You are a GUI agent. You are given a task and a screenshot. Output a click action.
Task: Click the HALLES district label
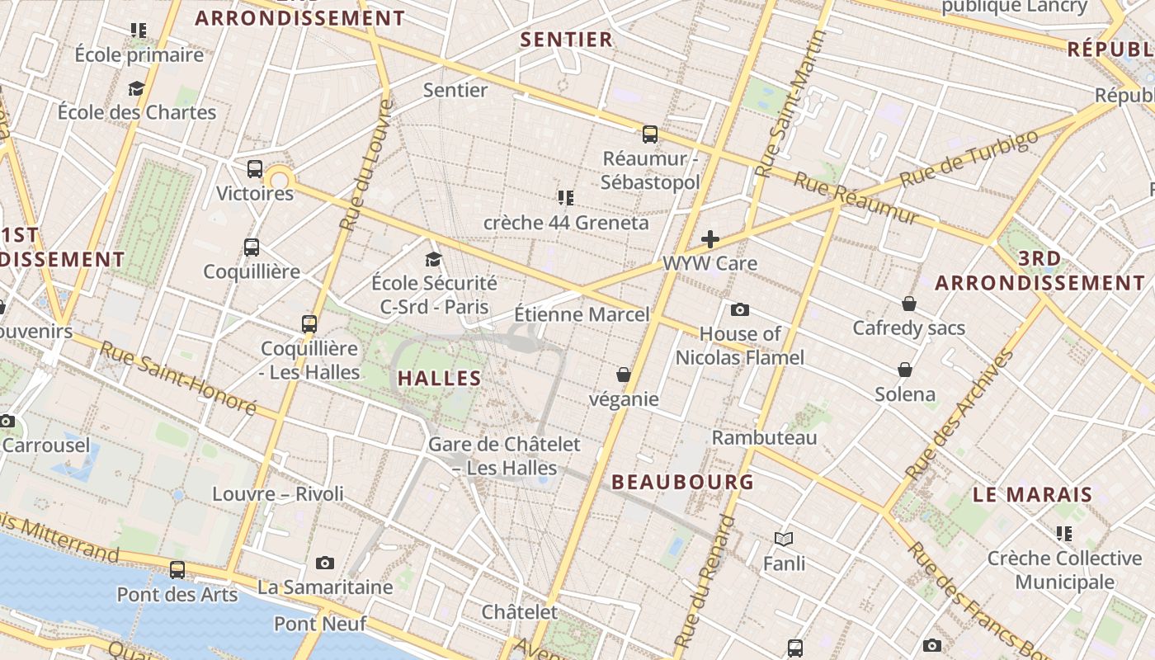coord(439,379)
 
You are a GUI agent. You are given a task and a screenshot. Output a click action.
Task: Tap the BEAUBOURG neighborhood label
coord(682,482)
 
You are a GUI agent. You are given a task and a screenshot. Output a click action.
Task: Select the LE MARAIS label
coord(1032,495)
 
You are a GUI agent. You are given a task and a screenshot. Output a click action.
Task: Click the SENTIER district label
coord(567,40)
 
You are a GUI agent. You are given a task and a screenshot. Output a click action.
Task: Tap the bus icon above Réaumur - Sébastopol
coord(650,134)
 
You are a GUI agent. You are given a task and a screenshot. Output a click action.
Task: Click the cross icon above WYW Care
coord(709,239)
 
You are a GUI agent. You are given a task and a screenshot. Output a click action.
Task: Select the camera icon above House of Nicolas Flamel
coord(740,309)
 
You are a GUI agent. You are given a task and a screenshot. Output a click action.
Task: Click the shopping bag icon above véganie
coord(624,375)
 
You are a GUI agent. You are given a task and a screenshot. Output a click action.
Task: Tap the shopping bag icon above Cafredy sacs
coord(908,304)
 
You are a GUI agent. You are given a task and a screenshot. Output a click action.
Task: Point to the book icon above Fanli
coord(784,539)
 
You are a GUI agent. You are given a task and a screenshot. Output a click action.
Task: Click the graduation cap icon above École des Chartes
coord(136,88)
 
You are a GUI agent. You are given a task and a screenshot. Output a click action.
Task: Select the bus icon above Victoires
coord(255,169)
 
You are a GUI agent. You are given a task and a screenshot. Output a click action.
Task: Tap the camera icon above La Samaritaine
coord(325,563)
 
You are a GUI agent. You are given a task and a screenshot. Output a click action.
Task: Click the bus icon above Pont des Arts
coord(177,569)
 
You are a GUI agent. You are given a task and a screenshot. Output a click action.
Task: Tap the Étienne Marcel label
coord(582,314)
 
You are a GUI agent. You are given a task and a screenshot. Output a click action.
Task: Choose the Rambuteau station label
coord(764,437)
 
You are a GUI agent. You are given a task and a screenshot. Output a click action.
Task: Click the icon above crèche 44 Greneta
coord(565,198)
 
